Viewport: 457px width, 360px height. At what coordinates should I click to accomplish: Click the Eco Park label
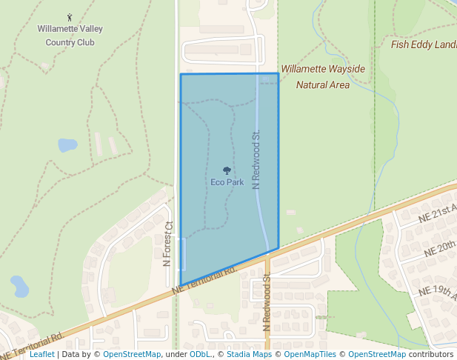coord(227,182)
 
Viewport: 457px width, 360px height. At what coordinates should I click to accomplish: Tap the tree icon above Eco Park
coord(227,171)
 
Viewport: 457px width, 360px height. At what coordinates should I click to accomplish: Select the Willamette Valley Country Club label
coord(70,36)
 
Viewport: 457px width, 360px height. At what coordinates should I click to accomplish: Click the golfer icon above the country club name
coord(70,17)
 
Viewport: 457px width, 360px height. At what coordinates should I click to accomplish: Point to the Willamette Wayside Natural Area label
coord(323,77)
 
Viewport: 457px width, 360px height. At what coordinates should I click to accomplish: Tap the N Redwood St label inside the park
coord(256,160)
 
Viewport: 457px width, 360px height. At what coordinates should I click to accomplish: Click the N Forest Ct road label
coord(168,244)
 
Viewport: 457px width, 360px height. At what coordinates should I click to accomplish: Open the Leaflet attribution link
coord(41,355)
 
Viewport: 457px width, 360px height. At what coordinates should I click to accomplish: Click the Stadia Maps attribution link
coord(249,355)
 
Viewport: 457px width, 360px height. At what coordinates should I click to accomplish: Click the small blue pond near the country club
coord(67,144)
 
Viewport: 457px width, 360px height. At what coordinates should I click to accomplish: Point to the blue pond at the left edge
coord(19,284)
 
